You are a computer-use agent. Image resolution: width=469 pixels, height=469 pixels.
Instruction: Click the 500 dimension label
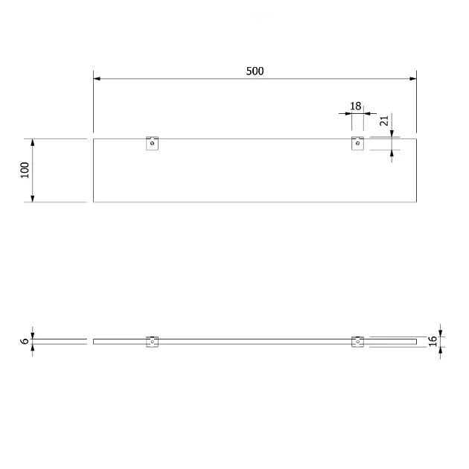tap(255, 71)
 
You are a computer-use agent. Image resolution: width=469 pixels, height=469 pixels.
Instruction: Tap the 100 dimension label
tap(25, 170)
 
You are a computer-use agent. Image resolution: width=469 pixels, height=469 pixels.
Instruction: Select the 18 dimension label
tap(356, 106)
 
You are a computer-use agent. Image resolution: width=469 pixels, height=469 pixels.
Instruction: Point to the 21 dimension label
tap(384, 121)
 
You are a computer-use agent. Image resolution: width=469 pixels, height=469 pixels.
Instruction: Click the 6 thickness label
tap(25, 341)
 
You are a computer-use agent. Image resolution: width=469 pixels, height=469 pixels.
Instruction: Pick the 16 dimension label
tap(433, 341)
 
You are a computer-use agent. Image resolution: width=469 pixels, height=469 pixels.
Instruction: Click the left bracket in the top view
tap(153, 143)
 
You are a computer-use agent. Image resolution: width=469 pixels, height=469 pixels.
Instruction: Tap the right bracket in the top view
tap(358, 143)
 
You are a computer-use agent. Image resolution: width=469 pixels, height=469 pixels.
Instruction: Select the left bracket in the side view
tap(153, 342)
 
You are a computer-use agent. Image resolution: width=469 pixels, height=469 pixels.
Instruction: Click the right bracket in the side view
tap(358, 342)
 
